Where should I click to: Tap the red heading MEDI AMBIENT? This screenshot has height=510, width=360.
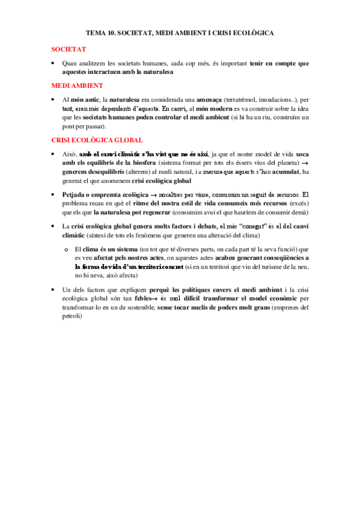(x=78, y=85)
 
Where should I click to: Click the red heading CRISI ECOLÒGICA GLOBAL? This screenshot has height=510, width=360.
(x=97, y=140)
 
